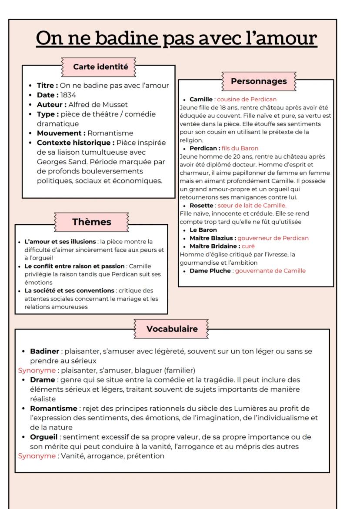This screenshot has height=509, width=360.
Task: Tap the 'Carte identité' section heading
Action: click(x=100, y=67)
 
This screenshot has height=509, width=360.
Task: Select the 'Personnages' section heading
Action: click(x=258, y=81)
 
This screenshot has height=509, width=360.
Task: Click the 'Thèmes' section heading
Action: click(x=91, y=222)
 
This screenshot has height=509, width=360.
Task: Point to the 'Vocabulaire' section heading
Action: click(x=172, y=329)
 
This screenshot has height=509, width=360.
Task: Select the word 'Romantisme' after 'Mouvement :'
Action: click(x=110, y=133)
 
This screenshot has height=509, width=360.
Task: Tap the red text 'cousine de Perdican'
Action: click(x=250, y=100)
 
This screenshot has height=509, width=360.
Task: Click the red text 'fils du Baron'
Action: click(x=240, y=148)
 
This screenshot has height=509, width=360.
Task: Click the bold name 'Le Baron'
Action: click(x=203, y=230)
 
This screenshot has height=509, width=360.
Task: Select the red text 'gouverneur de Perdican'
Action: click(x=273, y=238)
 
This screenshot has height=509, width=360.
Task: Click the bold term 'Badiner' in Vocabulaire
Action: click(x=44, y=351)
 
